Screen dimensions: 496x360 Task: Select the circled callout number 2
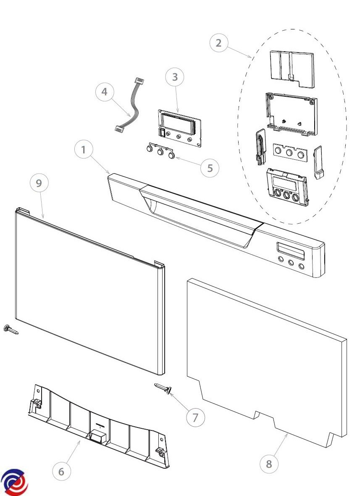click(219, 43)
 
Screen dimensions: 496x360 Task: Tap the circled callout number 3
click(175, 77)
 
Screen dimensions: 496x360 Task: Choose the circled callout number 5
click(210, 168)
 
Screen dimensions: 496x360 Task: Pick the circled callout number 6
click(61, 472)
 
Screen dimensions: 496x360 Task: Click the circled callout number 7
click(195, 417)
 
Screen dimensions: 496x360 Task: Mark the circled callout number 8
click(269, 464)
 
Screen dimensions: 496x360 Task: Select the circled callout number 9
click(39, 183)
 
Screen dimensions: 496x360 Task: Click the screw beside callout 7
click(163, 388)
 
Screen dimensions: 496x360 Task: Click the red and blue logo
click(14, 482)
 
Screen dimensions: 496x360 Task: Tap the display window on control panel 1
click(290, 250)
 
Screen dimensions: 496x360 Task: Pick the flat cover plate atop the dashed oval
click(292, 68)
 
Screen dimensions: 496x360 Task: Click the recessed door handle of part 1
click(197, 219)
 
